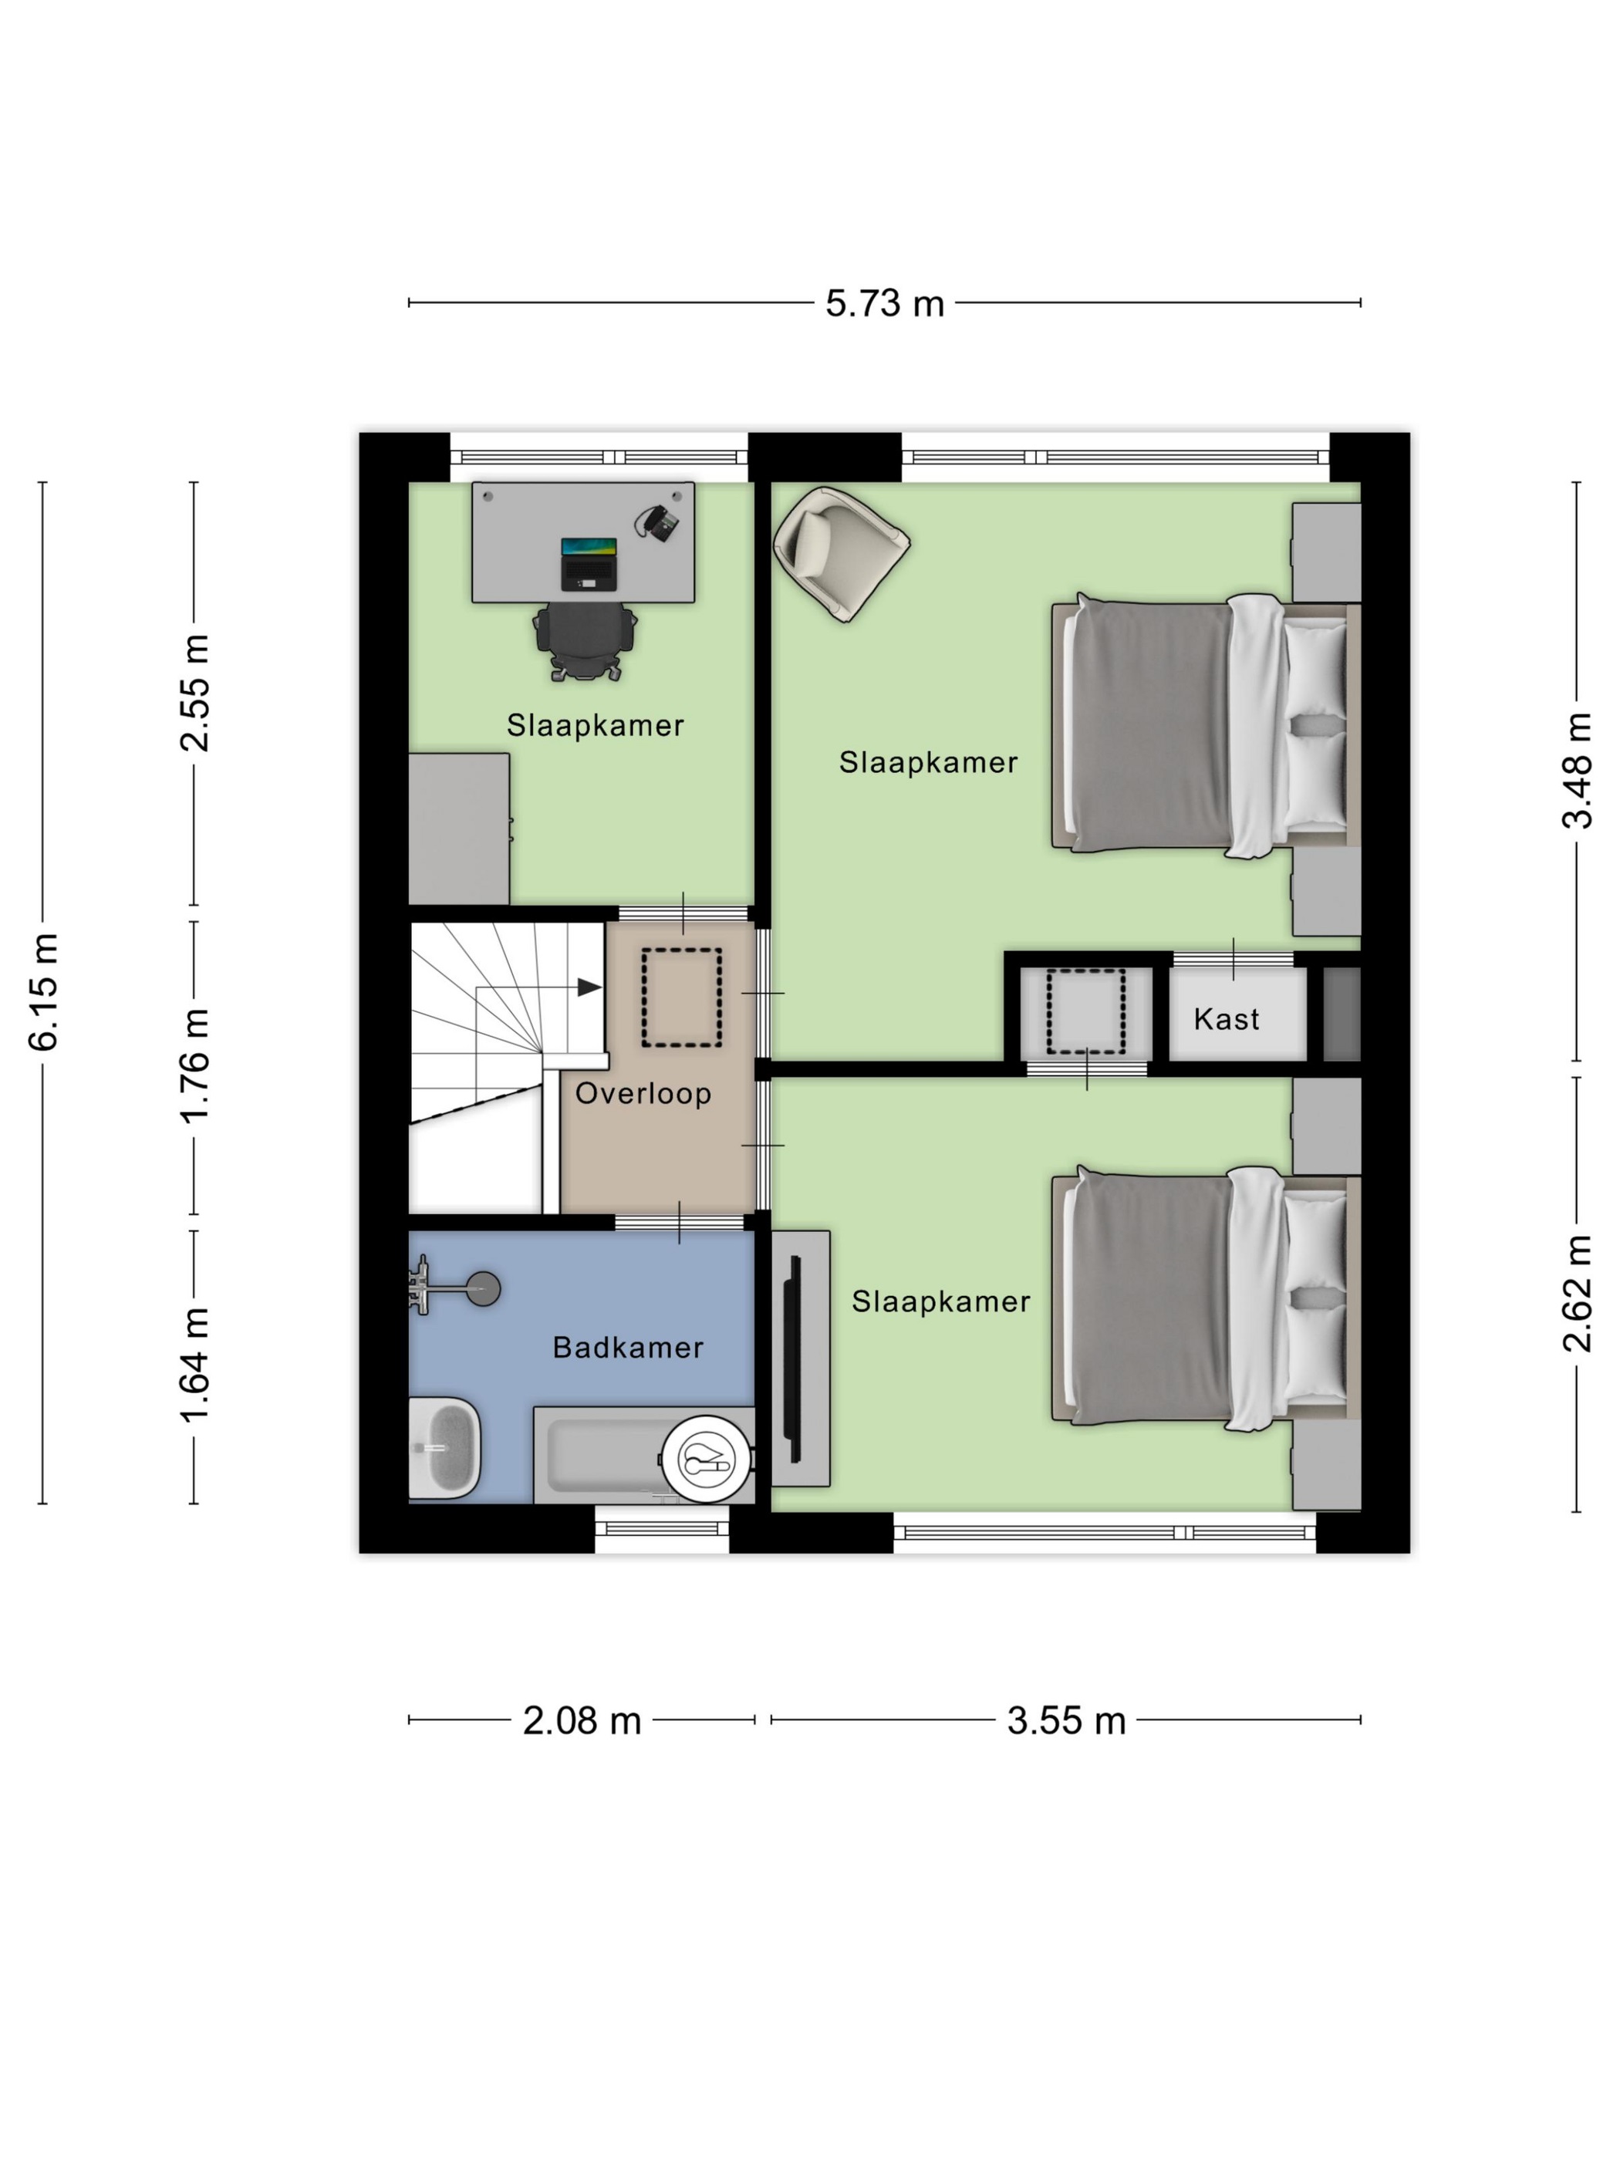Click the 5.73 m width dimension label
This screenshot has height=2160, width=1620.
885,304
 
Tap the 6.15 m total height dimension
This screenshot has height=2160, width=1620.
44,991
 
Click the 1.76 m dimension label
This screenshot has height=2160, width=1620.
195,1066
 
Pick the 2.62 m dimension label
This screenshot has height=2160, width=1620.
1577,1294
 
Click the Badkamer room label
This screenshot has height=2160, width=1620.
628,1348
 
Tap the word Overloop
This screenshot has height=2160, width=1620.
643,1094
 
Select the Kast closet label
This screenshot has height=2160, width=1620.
1227,1020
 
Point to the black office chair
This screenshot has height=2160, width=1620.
585,640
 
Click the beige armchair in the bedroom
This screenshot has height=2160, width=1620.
841,554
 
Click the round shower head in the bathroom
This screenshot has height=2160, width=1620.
482,1289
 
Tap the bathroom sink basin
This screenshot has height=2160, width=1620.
444,1447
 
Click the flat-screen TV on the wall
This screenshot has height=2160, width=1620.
792,1358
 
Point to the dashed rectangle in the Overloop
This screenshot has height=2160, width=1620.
682,998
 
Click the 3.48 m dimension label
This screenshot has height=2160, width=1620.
1577,771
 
